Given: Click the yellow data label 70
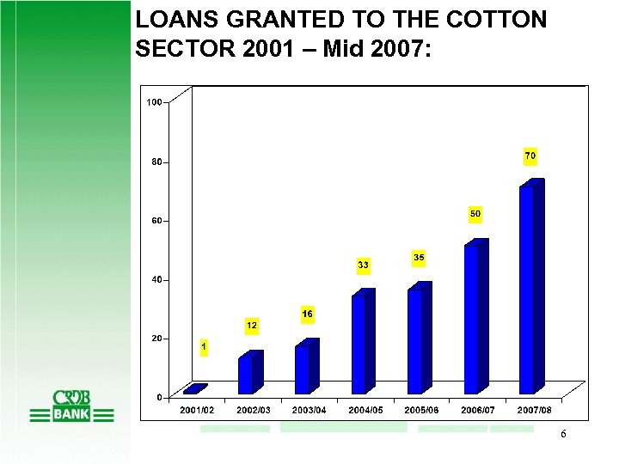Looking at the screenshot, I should [x=530, y=156].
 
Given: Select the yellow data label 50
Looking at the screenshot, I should [x=475, y=212].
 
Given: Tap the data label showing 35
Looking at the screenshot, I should [x=419, y=257].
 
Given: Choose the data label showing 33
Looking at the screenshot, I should [x=363, y=266].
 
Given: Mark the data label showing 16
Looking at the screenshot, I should [x=307, y=314].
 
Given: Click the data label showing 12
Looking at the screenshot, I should [x=252, y=326].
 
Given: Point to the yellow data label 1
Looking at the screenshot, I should [x=203, y=347].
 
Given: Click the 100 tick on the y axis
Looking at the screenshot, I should [x=154, y=102].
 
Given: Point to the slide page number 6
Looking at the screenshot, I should [x=563, y=435].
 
